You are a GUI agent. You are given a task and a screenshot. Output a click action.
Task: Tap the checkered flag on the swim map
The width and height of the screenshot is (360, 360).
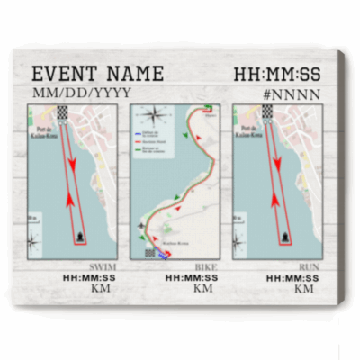(x=62, y=112)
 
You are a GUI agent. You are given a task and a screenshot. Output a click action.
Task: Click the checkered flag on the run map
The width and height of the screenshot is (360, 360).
(x=266, y=112)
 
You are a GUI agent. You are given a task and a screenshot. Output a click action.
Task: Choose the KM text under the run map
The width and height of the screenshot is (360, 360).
(x=306, y=290)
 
